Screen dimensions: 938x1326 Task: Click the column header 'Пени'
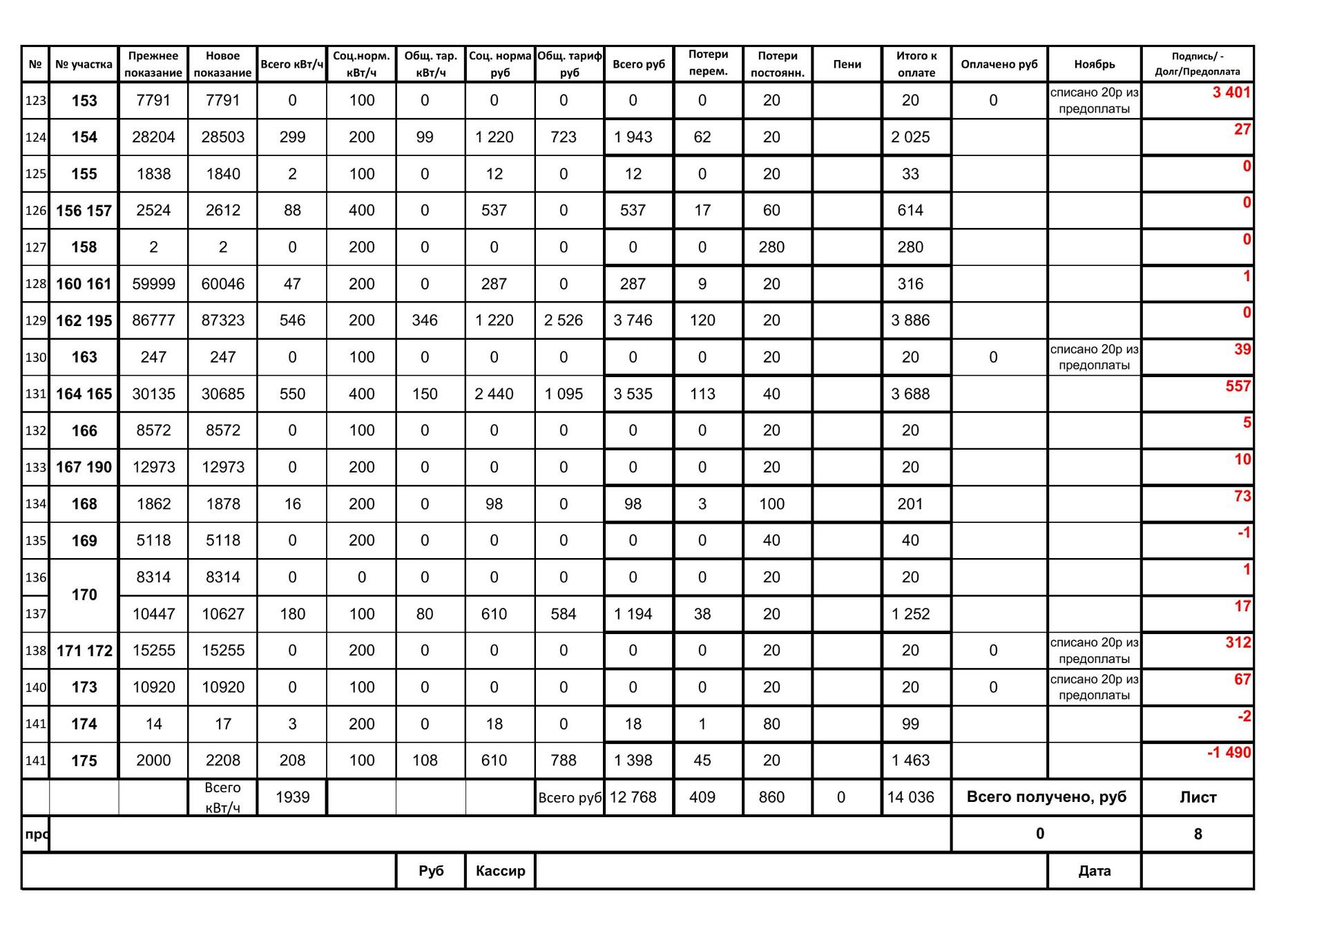(x=847, y=64)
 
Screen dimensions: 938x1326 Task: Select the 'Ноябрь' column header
(x=1094, y=64)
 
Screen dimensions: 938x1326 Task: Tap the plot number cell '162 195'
(x=84, y=320)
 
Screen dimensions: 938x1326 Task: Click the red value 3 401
(x=1231, y=93)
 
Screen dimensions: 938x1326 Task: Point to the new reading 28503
(x=222, y=137)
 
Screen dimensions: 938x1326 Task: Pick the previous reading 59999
(x=153, y=284)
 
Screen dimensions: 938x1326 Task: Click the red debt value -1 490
(x=1229, y=752)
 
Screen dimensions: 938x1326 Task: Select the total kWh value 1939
(x=292, y=797)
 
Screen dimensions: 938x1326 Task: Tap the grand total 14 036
(x=910, y=797)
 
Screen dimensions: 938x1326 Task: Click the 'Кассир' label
(x=500, y=870)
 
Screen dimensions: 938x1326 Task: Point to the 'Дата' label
(x=1094, y=870)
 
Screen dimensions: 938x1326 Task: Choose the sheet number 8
(x=1198, y=834)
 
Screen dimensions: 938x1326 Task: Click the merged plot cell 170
(x=84, y=595)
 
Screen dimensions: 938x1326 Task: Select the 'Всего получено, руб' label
(x=1046, y=796)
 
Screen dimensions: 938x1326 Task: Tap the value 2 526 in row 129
(x=564, y=320)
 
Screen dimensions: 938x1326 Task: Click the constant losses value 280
(x=771, y=247)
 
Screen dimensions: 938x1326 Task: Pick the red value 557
(x=1238, y=386)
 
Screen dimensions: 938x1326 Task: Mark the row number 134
(x=35, y=504)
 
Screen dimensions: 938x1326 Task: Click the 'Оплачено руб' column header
(x=999, y=64)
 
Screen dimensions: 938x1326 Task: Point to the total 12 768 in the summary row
(x=633, y=797)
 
